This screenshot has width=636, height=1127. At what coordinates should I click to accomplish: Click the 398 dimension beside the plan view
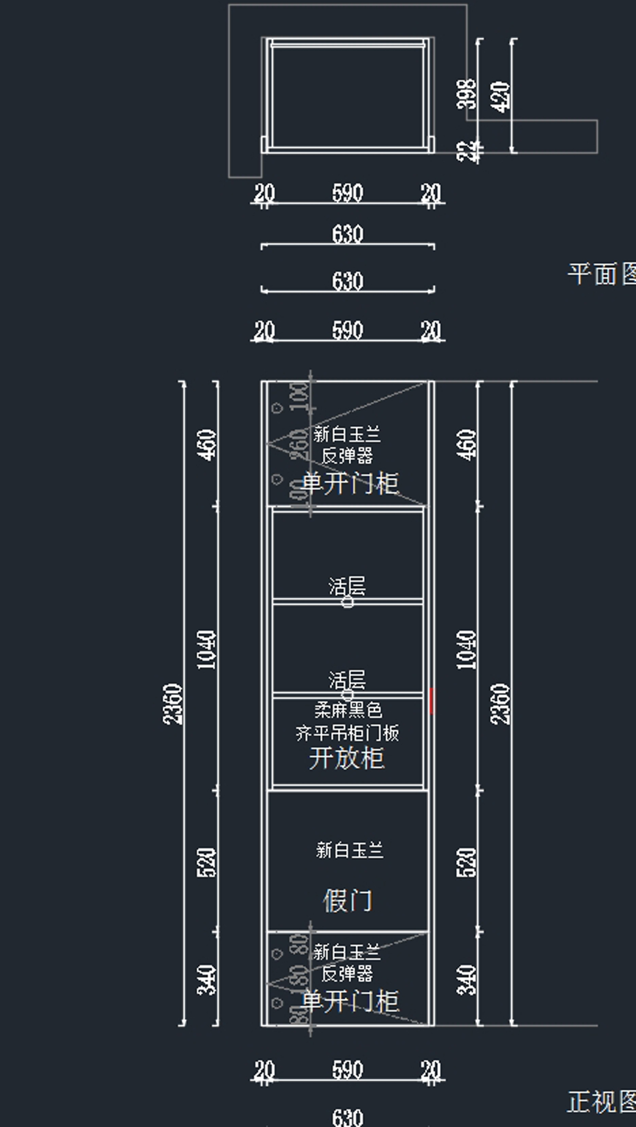tap(466, 94)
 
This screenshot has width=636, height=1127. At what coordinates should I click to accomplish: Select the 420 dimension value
tap(500, 96)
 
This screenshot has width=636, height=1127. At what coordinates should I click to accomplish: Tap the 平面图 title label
tap(601, 275)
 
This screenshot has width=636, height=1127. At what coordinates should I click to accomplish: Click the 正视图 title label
tap(601, 1102)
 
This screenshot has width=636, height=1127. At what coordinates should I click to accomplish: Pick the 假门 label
tap(348, 901)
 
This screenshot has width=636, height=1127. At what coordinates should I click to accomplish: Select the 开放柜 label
tap(347, 758)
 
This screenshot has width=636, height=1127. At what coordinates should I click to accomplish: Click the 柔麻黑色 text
tap(348, 709)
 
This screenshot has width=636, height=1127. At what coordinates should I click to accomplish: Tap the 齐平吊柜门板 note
tap(347, 733)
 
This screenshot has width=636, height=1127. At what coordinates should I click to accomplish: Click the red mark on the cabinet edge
tap(432, 701)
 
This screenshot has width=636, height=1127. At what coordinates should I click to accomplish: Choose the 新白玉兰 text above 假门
tap(349, 850)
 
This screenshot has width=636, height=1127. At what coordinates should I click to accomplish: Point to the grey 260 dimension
tap(299, 444)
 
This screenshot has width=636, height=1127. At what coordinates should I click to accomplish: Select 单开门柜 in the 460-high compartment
tap(350, 483)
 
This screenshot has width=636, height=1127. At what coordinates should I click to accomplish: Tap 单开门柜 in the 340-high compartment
tap(350, 1001)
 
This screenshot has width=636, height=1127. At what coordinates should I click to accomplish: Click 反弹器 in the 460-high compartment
tap(347, 455)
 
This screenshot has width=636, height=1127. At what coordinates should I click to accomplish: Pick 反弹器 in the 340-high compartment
tap(347, 973)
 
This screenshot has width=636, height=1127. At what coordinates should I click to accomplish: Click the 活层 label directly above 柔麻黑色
tap(347, 680)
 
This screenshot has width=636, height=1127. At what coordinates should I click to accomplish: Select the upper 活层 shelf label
tap(347, 586)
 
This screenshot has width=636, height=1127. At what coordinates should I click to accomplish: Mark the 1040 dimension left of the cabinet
tap(207, 649)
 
